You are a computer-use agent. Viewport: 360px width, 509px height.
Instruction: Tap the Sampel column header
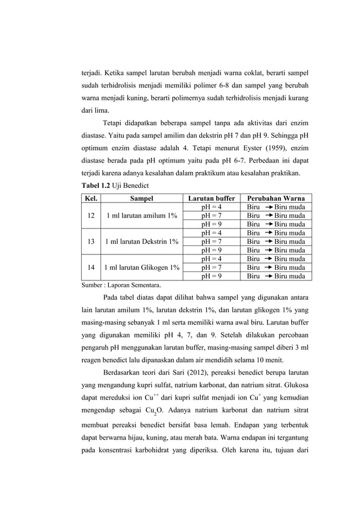[x=141, y=198]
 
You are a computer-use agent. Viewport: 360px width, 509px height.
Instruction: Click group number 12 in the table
[x=91, y=216]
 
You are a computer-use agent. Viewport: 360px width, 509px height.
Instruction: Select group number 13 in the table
[x=91, y=242]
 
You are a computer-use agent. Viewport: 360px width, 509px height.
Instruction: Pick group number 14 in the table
[x=91, y=267]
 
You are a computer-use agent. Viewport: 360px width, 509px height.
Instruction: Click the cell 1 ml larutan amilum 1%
[x=141, y=216]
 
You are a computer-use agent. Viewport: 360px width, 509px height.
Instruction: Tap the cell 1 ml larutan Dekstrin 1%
[x=141, y=242]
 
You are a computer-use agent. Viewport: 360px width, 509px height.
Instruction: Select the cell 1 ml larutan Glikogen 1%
[x=141, y=267]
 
